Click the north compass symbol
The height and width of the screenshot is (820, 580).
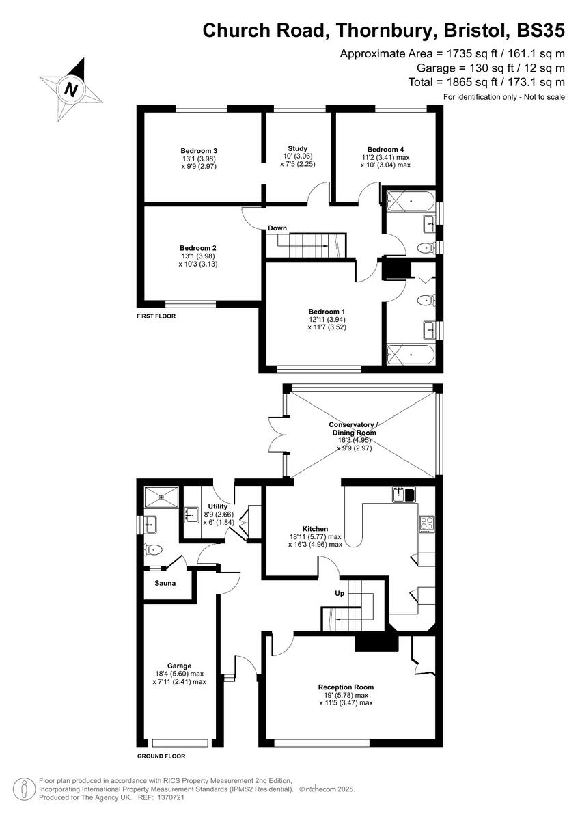click(70, 89)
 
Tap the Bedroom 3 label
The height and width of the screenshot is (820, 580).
click(199, 150)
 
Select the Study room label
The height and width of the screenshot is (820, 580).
click(297, 148)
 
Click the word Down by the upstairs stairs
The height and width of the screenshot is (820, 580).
click(277, 228)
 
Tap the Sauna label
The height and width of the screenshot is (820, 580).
click(165, 583)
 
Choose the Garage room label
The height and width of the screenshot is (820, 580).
click(179, 666)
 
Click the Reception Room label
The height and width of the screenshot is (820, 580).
click(346, 687)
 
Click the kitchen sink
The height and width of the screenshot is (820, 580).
click(404, 493)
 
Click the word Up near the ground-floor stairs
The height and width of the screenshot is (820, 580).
click(340, 593)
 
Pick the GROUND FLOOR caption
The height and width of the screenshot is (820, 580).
click(161, 756)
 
